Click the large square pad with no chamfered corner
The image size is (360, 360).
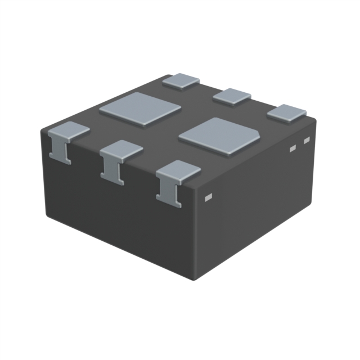tap(140, 109)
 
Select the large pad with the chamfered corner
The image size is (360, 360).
tap(219, 136)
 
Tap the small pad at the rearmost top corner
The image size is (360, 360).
tap(181, 80)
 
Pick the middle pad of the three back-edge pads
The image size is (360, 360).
tap(232, 96)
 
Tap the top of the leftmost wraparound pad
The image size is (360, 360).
tap(69, 130)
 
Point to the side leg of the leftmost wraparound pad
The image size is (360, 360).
tap(60, 150)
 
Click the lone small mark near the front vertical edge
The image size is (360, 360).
tap(208, 197)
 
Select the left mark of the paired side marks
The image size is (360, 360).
tap(292, 148)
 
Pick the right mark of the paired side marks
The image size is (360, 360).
tap(307, 140)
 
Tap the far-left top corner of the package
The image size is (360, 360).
tap(43, 130)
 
